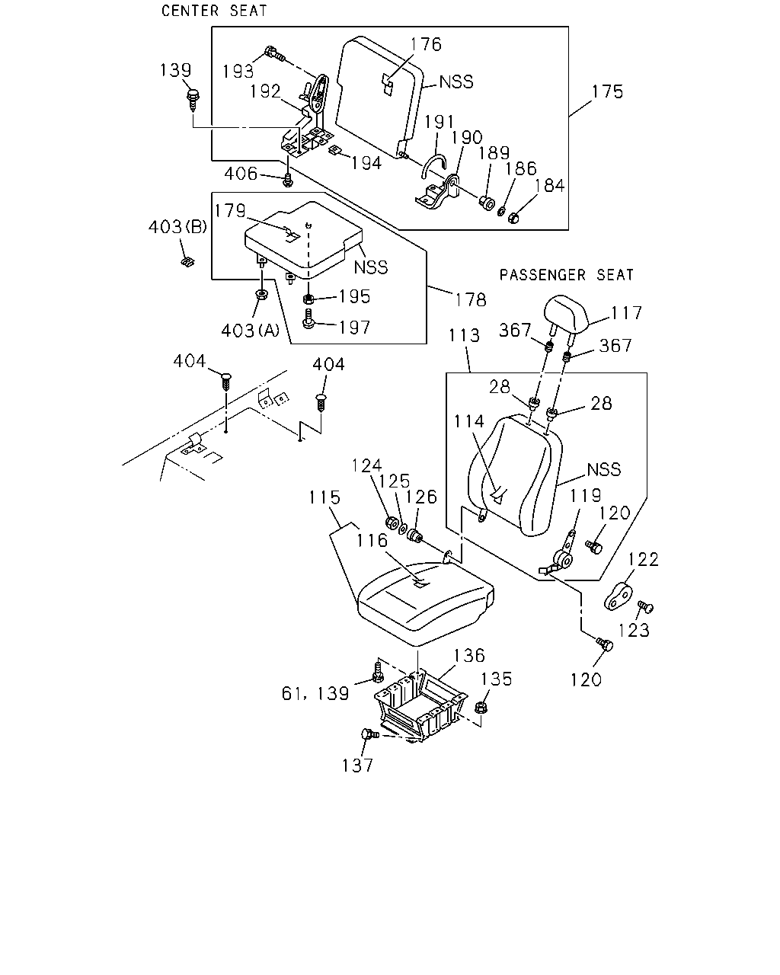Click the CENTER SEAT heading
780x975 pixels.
(x=214, y=11)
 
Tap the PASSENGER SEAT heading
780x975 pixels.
(x=566, y=274)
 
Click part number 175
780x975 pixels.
(x=607, y=91)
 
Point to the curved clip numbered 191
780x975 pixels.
(x=433, y=165)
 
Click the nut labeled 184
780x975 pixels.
(x=513, y=218)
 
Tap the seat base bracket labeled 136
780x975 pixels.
(x=421, y=706)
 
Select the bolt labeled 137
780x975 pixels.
(x=369, y=734)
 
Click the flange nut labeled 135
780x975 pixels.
(x=481, y=707)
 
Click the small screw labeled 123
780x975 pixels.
(x=645, y=606)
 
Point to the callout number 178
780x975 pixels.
(x=471, y=300)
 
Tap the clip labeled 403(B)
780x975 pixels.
(x=187, y=262)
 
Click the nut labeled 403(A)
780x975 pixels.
(x=261, y=295)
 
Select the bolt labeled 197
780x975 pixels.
(x=308, y=319)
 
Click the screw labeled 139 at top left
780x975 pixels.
(x=193, y=100)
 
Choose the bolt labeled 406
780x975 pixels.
(x=287, y=180)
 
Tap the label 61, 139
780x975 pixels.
(x=315, y=694)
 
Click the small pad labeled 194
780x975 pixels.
(x=335, y=150)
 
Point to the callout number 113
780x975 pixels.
(x=464, y=335)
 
